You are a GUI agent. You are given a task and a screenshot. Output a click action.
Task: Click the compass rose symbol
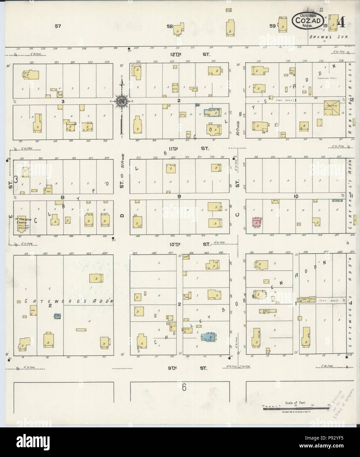pyautogui.click(x=122, y=102)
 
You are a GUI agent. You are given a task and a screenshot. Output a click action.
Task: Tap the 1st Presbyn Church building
pyautogui.click(x=22, y=224)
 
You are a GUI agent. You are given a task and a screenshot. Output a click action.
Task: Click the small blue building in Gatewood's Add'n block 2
pyautogui.click(x=58, y=316)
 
